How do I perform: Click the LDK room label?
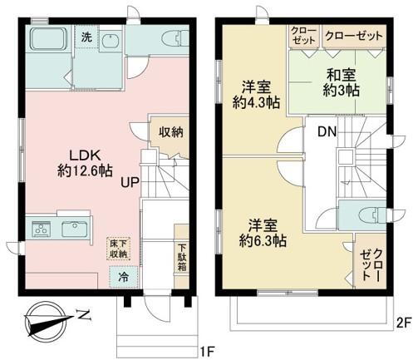(x=85, y=163)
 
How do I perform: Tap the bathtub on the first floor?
(x=48, y=39)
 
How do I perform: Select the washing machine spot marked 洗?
(x=86, y=37)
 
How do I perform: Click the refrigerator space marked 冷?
(x=124, y=277)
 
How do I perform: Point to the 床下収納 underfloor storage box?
(x=119, y=249)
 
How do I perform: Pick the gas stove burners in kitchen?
(x=42, y=229)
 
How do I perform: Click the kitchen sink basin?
(x=75, y=229)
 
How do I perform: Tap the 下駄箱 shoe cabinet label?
(x=182, y=258)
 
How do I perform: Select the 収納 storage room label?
(x=171, y=132)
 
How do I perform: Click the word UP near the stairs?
(x=130, y=182)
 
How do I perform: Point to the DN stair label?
(x=327, y=132)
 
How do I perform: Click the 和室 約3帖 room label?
(x=342, y=82)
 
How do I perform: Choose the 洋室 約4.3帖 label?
(x=256, y=95)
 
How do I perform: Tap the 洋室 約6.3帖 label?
(x=263, y=233)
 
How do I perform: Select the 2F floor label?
(x=404, y=323)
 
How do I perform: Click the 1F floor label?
(x=208, y=352)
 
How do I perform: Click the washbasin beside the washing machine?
(x=110, y=41)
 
